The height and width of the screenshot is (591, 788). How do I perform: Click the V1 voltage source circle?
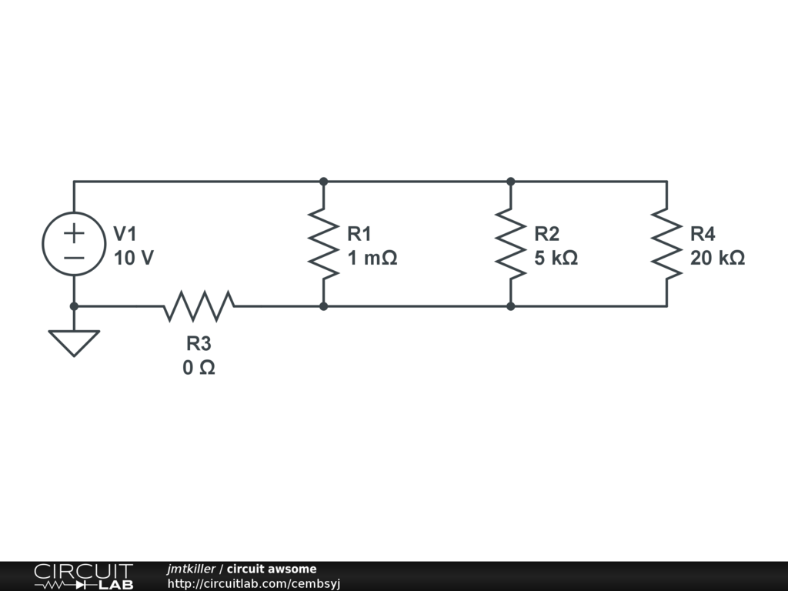tap(74, 244)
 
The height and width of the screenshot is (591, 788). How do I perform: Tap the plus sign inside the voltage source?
tap(74, 232)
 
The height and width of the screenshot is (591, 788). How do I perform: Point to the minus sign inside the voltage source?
tap(74, 257)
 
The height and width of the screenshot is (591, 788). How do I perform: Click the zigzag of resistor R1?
tap(324, 244)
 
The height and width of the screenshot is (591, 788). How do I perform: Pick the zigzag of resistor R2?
tap(511, 244)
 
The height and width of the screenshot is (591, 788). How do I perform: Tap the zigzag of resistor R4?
tap(666, 244)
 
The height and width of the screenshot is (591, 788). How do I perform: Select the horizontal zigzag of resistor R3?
tap(199, 306)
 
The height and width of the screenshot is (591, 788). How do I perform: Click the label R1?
tap(359, 233)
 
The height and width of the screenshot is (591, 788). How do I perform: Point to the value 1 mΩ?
tap(372, 259)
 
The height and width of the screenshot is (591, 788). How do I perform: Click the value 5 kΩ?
tap(556, 259)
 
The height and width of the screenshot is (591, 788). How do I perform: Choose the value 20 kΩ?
tap(717, 259)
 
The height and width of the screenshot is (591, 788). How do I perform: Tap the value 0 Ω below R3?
tap(199, 369)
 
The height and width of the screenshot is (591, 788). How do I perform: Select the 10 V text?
tap(133, 259)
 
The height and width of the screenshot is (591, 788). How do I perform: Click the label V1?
tap(125, 233)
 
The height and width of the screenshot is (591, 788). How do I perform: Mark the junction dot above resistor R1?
tap(324, 182)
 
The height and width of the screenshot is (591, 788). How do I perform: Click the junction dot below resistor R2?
tap(511, 306)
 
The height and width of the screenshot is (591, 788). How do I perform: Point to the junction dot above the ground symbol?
tap(74, 306)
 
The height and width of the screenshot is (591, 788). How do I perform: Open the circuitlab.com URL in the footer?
tap(254, 583)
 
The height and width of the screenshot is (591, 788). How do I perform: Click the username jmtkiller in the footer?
tap(191, 569)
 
